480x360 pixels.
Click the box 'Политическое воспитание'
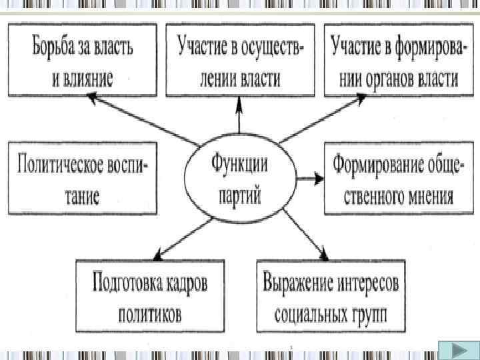click(83, 177)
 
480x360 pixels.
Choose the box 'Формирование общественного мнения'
click(393, 177)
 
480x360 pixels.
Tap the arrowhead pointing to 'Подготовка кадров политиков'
click(158, 255)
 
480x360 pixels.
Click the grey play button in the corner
click(457, 350)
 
